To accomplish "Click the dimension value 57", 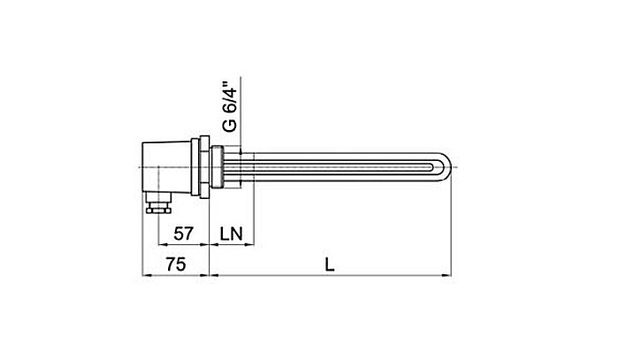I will [x=183, y=234].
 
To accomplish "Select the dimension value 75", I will [x=178, y=264].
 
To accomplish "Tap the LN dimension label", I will [x=233, y=234].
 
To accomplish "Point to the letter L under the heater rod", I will [x=331, y=264].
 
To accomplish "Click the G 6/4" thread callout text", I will [x=229, y=107].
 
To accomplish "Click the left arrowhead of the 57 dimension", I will [x=160, y=246].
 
